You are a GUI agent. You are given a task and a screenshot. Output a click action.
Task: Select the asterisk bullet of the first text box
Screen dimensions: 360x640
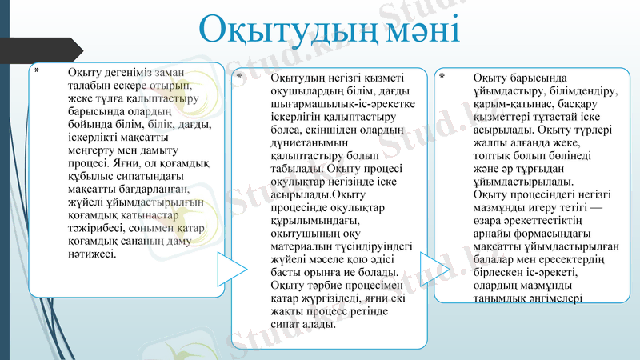(x=34, y=71)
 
